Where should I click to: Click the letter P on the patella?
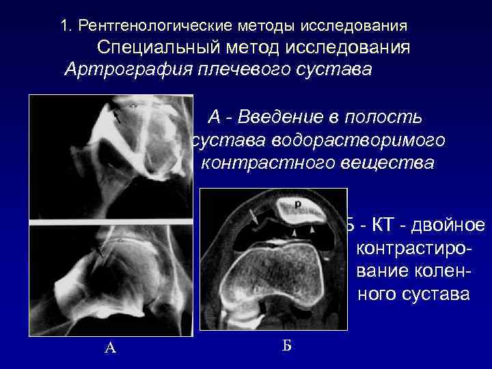pyautogui.click(x=298, y=204)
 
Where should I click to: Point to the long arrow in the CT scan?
pyautogui.click(x=254, y=217)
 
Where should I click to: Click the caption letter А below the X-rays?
pyautogui.click(x=110, y=348)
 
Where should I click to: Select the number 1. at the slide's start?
pyautogui.click(x=66, y=26)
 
